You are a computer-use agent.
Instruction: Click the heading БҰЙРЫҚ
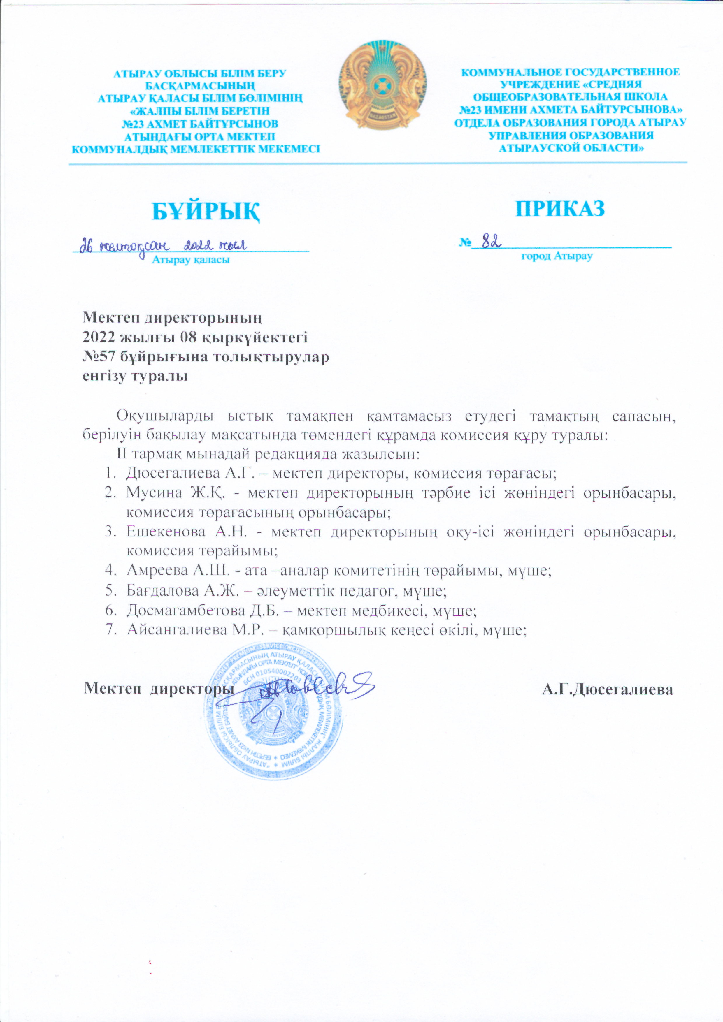pos(206,212)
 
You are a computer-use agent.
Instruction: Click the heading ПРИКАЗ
pos(560,208)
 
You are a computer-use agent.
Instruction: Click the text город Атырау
pos(557,256)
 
